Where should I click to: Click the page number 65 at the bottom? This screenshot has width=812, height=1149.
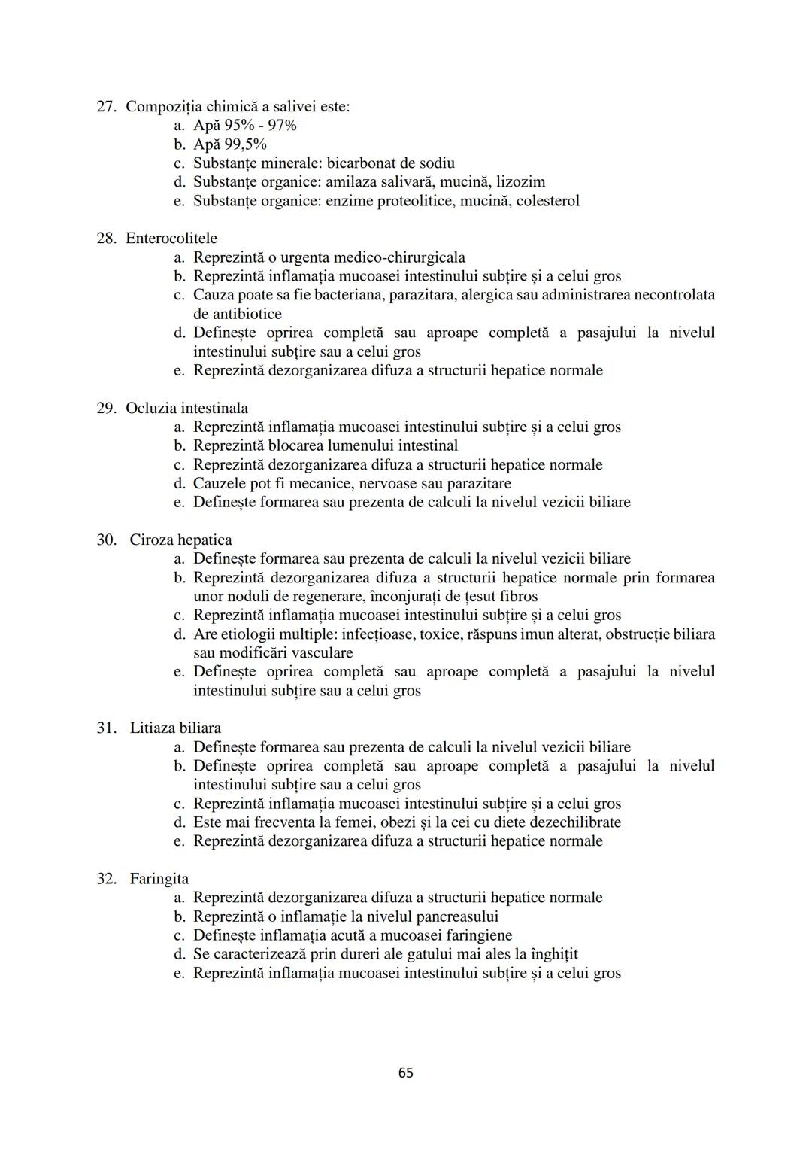405,1072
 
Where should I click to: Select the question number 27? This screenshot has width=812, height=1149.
105,107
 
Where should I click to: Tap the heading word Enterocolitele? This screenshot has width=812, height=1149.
171,239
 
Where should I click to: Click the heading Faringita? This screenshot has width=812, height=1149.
159,879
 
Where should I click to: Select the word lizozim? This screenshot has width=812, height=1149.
521,182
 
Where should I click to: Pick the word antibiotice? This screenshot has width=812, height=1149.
238,314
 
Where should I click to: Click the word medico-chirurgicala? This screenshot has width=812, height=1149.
399,257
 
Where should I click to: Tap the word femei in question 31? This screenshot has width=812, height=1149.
364,822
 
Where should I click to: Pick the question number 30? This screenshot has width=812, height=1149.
105,540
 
